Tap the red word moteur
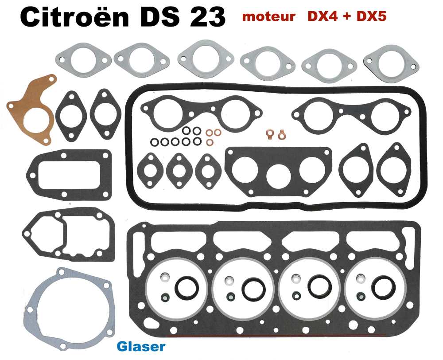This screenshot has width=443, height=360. (269, 17)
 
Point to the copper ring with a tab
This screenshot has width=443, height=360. (280, 133)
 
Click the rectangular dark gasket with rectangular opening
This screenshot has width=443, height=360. (69, 173)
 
